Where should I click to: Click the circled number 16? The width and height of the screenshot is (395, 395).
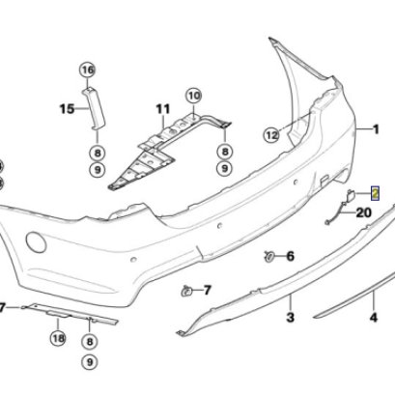tap(88, 70)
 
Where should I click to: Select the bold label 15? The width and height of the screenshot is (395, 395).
tap(67, 109)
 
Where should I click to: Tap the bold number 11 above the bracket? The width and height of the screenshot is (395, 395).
tap(162, 107)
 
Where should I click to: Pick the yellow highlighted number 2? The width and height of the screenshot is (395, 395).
tap(375, 192)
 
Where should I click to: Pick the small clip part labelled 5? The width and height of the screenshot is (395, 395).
tap(184, 289)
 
